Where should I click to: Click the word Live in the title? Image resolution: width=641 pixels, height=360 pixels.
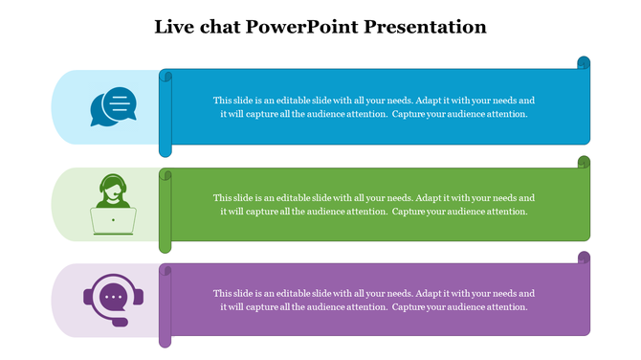tap(175, 27)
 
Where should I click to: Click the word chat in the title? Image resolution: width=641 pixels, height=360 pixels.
tap(219, 27)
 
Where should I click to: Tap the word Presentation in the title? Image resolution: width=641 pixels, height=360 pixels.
tap(428, 27)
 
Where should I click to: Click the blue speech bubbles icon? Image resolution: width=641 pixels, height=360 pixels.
tap(113, 106)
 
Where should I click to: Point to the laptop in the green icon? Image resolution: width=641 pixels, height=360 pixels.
tap(113, 221)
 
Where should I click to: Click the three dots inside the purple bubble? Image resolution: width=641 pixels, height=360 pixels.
tap(114, 296)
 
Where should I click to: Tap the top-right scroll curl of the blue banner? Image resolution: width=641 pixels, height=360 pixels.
tap(584, 63)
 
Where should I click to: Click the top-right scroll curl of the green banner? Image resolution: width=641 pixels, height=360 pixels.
tap(584, 162)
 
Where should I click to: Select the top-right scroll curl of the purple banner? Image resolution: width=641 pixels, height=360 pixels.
tap(584, 259)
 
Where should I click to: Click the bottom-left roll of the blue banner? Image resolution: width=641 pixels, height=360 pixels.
tap(165, 147)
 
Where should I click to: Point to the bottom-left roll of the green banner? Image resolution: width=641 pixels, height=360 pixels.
tap(165, 245)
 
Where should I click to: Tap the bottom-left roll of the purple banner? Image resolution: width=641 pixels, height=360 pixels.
tap(165, 340)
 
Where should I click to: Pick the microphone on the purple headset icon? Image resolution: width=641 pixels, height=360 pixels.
tap(120, 323)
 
